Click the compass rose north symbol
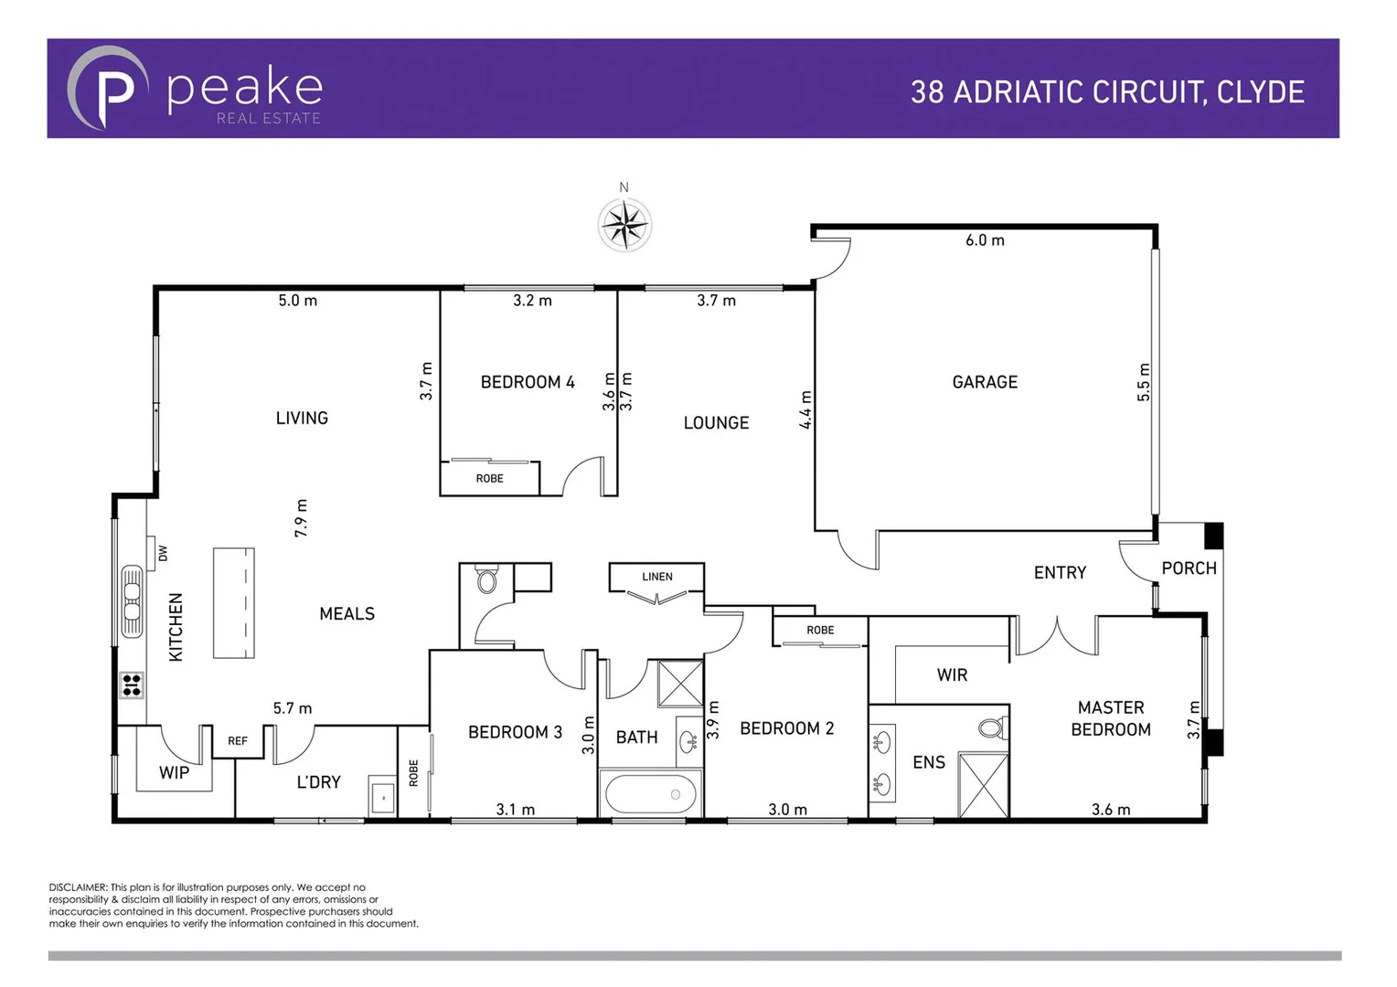[x=624, y=224]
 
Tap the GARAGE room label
[x=985, y=382]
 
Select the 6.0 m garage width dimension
[x=985, y=240]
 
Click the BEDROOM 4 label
[x=528, y=382]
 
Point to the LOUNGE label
[x=716, y=423]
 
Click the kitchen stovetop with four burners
[x=132, y=685]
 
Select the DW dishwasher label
[x=163, y=553]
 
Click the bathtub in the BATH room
[x=650, y=794]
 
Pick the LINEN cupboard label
[x=656, y=577]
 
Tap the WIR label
[x=952, y=675]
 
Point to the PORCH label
[x=1189, y=568]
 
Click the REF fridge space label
[x=238, y=741]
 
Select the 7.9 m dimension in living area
[x=301, y=517]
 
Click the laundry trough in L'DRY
[x=382, y=798]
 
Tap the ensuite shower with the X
[x=983, y=786]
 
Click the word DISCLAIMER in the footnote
[x=78, y=887]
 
